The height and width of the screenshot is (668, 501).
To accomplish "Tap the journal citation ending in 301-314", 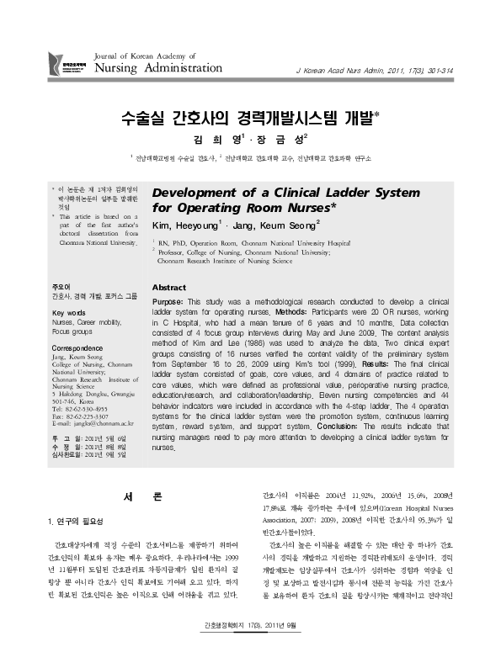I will [393, 72].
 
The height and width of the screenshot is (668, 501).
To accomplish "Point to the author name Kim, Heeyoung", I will [184, 225].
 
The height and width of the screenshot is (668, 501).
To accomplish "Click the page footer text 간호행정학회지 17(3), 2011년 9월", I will [249, 647].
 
